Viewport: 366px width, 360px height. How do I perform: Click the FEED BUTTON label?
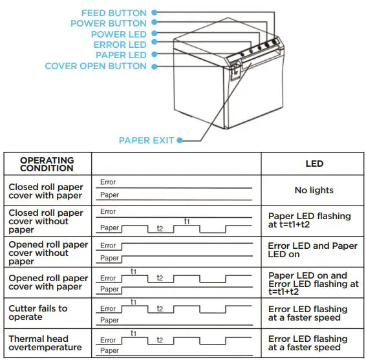(114, 13)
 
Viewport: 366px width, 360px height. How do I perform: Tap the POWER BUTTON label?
(109, 24)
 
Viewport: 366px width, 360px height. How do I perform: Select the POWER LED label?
(119, 34)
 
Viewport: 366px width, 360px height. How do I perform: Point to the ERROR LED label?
(120, 45)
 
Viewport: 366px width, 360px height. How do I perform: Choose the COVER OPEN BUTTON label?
(96, 66)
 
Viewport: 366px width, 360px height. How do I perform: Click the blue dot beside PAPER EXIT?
(179, 140)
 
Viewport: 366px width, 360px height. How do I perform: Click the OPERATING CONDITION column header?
(47, 164)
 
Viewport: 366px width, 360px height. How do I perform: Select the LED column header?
(314, 164)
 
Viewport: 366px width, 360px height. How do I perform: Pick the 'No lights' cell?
(314, 191)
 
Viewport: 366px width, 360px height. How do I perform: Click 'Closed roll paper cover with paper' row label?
(46, 191)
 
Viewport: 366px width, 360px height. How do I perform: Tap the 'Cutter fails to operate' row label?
(38, 313)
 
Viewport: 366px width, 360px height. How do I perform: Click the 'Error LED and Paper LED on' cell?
(312, 250)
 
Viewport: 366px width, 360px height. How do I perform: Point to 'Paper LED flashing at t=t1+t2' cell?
(309, 220)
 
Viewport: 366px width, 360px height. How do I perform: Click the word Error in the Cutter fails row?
(108, 308)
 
